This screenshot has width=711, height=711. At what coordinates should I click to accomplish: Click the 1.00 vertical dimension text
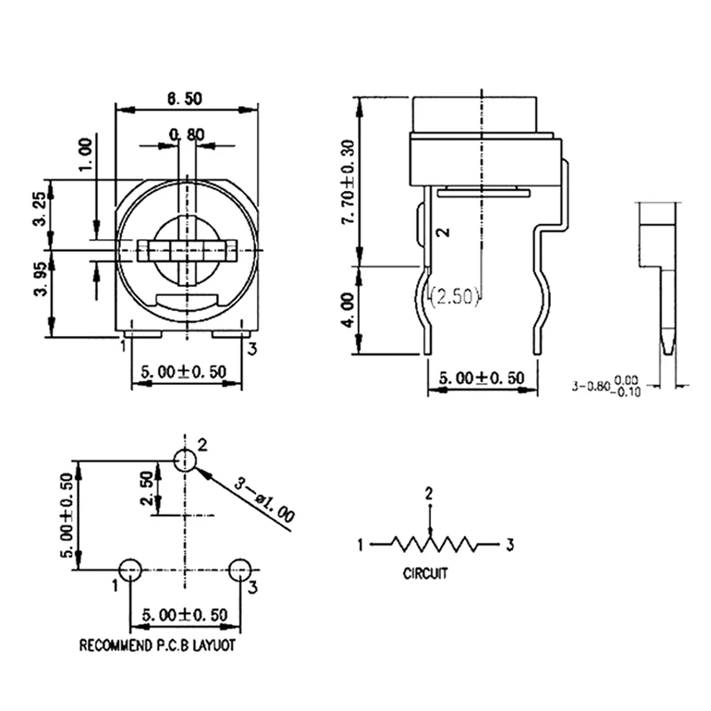tap(86, 156)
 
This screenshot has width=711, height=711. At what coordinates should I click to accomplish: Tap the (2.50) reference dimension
tap(455, 297)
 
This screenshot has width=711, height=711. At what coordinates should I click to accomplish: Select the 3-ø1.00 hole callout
tap(265, 498)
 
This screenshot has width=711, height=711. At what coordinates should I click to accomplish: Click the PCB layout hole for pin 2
tap(184, 460)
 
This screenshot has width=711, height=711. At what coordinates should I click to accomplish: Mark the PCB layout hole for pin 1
tap(130, 570)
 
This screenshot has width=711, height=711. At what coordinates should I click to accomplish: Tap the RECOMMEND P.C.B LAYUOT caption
tap(158, 646)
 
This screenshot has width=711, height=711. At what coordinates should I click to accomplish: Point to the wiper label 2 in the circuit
tap(429, 493)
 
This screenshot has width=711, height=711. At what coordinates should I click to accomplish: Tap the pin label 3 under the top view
tap(252, 348)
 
